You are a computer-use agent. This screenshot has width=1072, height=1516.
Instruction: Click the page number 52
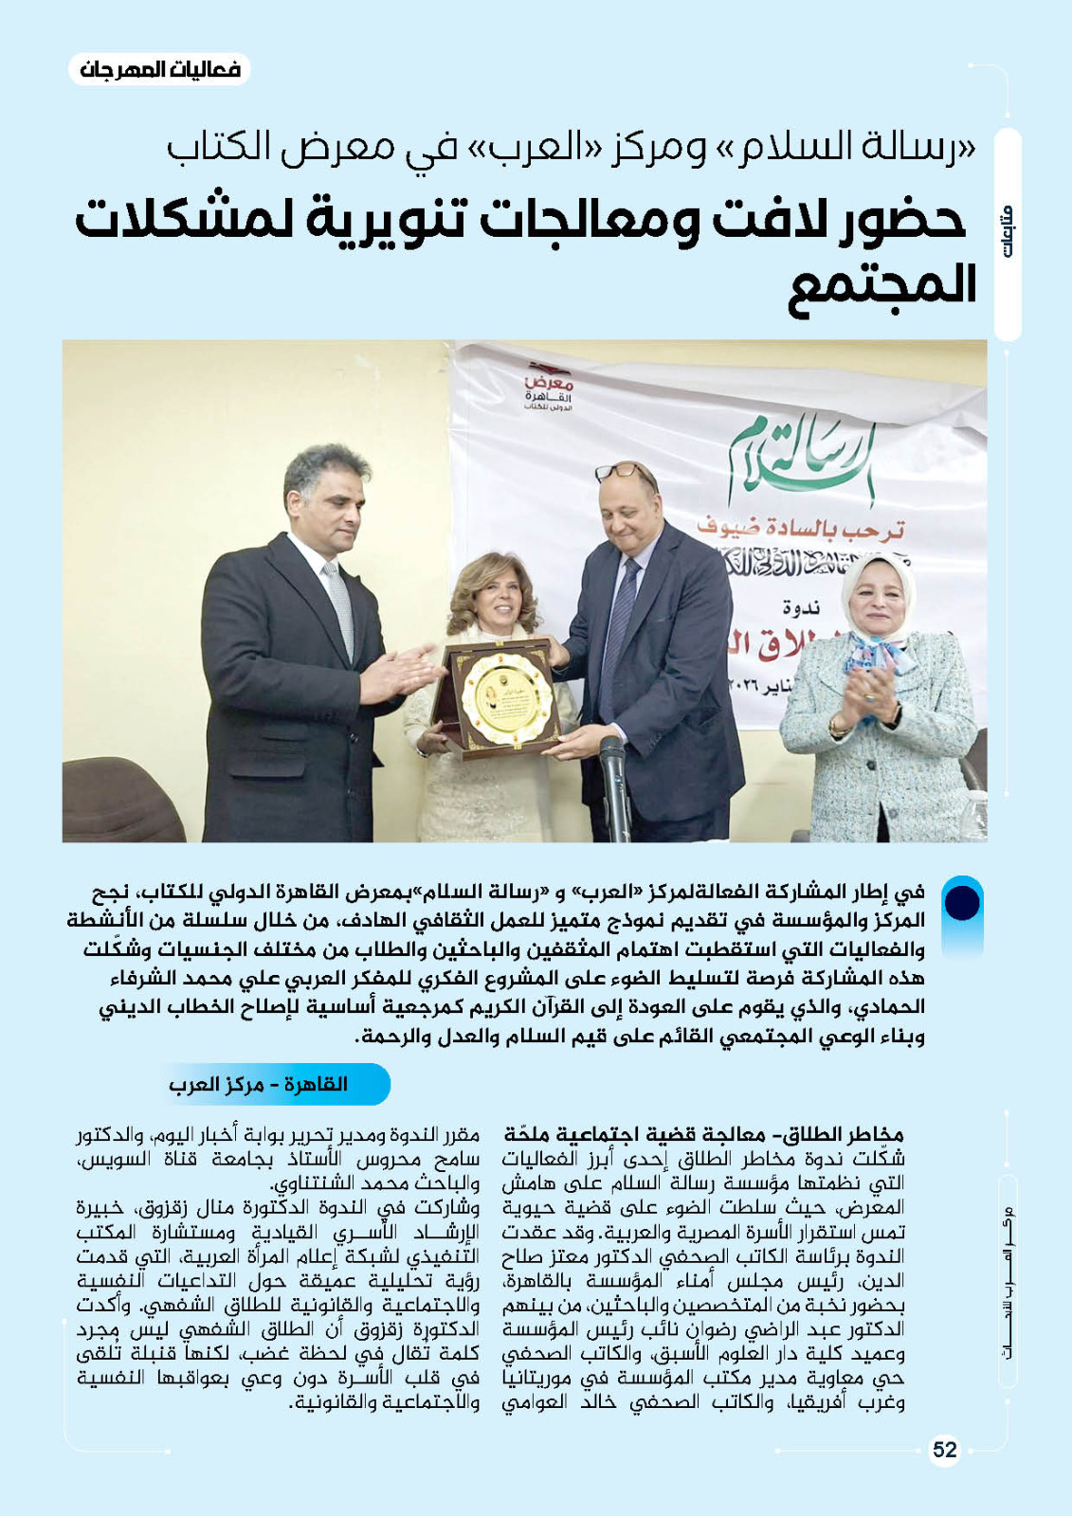tap(944, 1450)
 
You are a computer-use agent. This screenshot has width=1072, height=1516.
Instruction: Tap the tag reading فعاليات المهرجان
tap(159, 70)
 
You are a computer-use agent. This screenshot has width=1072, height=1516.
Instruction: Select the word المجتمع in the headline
tap(881, 285)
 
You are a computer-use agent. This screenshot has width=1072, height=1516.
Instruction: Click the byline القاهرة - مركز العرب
tap(258, 1084)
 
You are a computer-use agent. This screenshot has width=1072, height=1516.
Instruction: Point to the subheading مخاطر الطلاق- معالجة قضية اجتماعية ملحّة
tap(703, 1134)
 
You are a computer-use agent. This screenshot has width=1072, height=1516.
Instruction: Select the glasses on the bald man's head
tap(622, 470)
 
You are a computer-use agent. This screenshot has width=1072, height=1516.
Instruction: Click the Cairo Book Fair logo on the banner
tap(549, 387)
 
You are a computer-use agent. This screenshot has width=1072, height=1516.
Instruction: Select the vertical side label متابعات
tap(1007, 233)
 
